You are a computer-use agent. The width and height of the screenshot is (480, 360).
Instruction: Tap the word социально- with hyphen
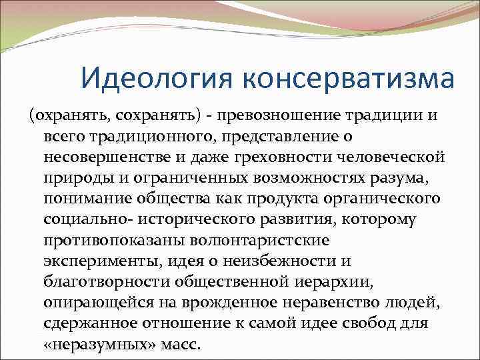pos(82,221)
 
